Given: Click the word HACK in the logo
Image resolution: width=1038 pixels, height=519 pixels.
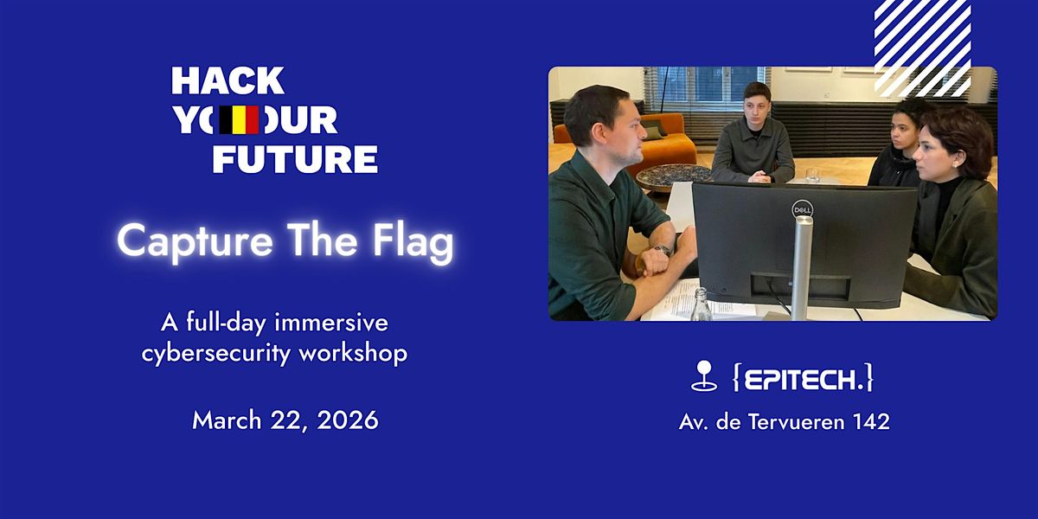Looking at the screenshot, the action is pos(227,80).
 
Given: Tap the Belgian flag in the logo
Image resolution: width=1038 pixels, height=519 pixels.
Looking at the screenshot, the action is pos(239,120).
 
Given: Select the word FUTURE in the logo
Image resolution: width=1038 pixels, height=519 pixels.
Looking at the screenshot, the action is pos(295,159).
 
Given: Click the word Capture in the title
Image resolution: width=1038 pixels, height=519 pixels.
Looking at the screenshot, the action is pos(195,241).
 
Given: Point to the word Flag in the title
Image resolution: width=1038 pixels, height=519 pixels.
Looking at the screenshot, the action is pos(413,242).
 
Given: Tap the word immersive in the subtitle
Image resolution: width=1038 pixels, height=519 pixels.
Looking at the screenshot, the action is pos(331,322).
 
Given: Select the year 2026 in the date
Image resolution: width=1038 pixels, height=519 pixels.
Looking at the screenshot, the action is pos(348,420).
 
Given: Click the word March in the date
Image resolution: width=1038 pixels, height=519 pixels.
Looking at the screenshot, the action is pos(227,420).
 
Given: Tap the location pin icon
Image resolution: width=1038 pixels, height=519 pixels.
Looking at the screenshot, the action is pos(704,375).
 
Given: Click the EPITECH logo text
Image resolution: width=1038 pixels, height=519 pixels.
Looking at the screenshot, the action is pos(803,379).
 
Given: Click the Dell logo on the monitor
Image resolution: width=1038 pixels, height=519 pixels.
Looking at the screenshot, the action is pos(802,210).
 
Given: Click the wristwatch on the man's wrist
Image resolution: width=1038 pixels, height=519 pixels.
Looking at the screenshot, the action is pos(664,250).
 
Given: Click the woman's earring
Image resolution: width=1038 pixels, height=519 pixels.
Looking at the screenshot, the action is pos(956,164).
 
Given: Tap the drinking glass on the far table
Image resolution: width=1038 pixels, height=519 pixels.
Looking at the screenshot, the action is pos(812,175).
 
